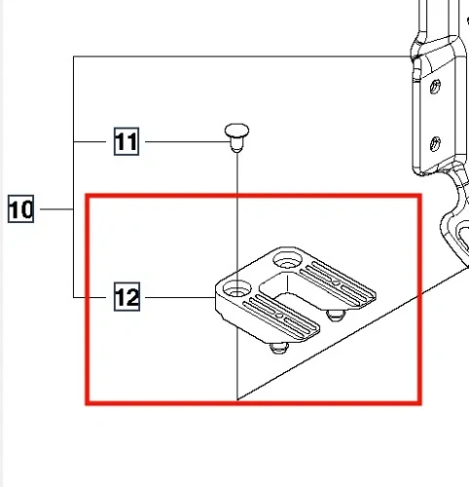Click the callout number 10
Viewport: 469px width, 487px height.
click(x=20, y=208)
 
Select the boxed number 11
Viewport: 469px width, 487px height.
click(x=126, y=141)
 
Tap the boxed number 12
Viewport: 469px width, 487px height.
click(x=126, y=297)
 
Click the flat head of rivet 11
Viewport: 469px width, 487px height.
click(x=236, y=130)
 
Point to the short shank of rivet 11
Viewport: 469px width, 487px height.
click(x=236, y=144)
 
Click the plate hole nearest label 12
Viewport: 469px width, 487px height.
click(x=237, y=289)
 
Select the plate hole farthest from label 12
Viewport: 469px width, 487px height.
click(x=287, y=260)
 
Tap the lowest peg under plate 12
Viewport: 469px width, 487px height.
click(x=279, y=348)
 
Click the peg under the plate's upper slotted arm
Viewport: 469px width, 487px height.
click(x=336, y=315)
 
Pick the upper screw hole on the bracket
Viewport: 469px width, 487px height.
click(x=435, y=87)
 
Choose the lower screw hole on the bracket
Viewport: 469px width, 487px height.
click(x=435, y=144)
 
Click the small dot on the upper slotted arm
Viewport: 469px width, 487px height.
click(x=337, y=282)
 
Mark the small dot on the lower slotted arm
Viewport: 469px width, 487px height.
click(x=279, y=315)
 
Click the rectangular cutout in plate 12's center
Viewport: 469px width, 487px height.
click(x=287, y=289)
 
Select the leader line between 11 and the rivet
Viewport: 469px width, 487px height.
click(x=188, y=141)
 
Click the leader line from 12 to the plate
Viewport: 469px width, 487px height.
click(x=180, y=297)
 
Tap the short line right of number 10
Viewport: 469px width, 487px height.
click(x=56, y=208)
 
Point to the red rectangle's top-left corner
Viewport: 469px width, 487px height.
click(x=87, y=196)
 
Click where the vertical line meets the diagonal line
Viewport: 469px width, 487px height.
click(x=237, y=399)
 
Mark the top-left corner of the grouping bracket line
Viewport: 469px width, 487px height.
click(x=74, y=56)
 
